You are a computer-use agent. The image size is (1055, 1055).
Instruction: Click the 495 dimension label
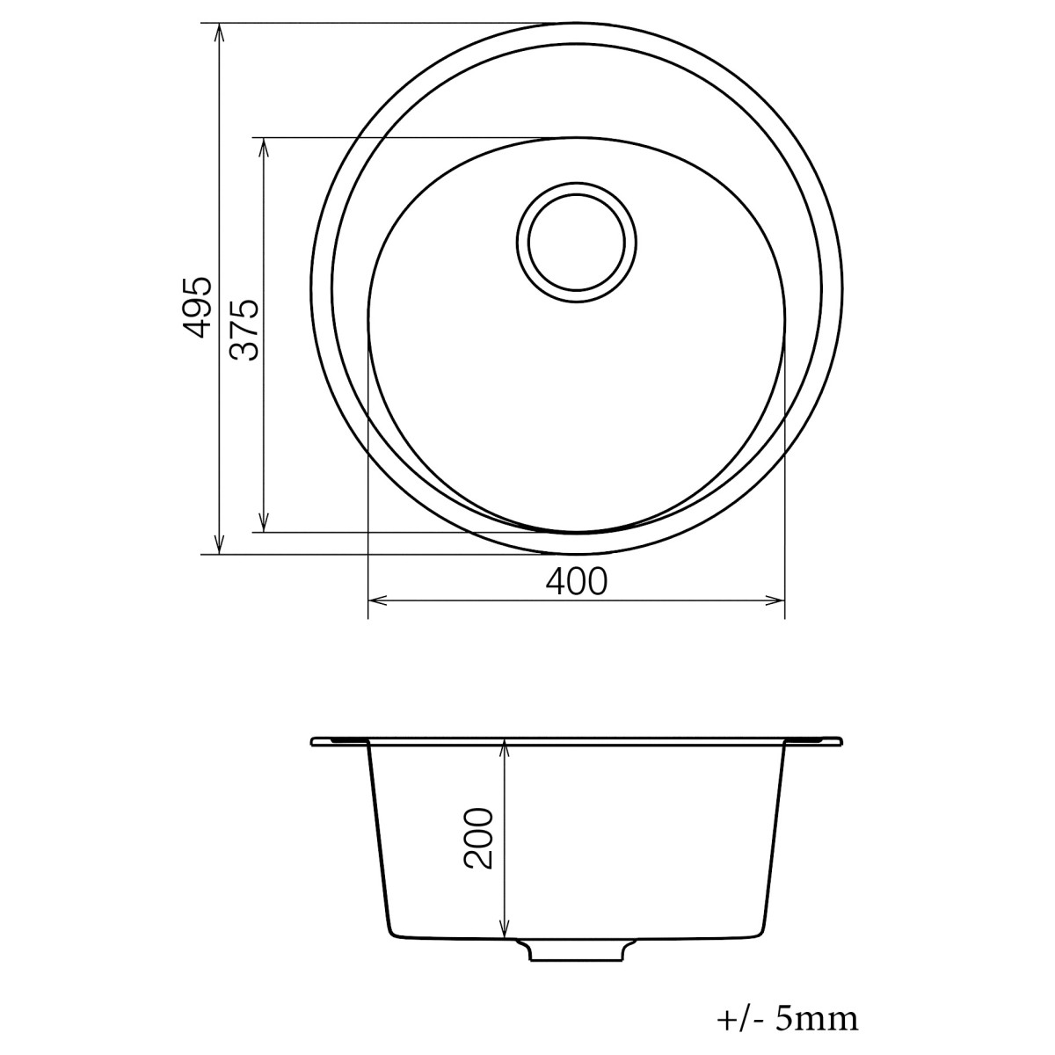pos(198,307)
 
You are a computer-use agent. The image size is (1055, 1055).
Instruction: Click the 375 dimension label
pos(244,330)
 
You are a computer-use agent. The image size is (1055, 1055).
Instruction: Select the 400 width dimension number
pos(577,581)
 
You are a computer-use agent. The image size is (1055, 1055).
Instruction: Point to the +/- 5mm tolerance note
pos(787,1020)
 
